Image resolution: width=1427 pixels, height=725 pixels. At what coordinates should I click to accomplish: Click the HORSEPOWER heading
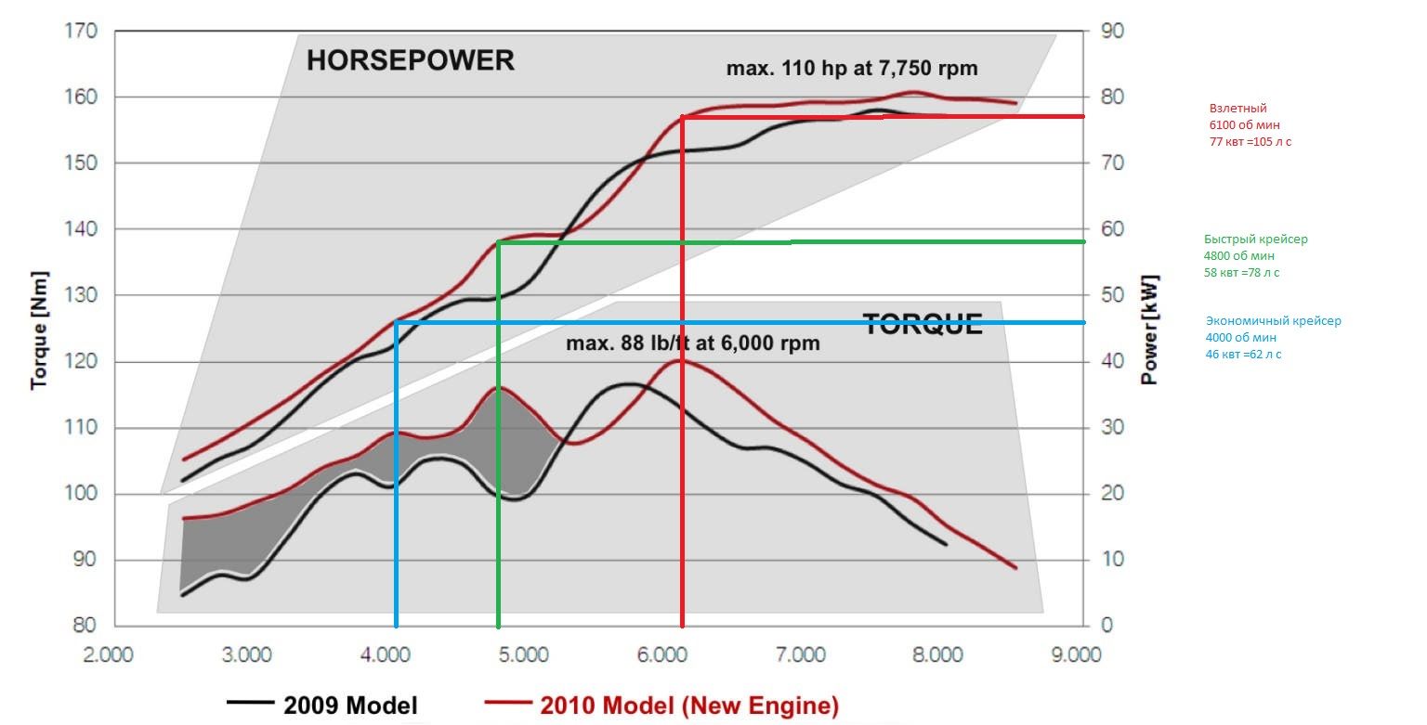pyautogui.click(x=410, y=61)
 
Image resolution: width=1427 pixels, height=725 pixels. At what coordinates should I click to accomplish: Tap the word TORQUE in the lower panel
pyautogui.click(x=922, y=324)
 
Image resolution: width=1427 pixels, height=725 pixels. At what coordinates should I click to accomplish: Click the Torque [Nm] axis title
pyautogui.click(x=39, y=330)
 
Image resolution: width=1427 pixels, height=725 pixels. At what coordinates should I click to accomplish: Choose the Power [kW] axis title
pyautogui.click(x=1149, y=330)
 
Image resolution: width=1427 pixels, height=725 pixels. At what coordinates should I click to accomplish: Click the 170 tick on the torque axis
pyautogui.click(x=82, y=31)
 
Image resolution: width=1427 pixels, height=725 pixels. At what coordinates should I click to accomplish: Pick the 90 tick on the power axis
pyautogui.click(x=1111, y=31)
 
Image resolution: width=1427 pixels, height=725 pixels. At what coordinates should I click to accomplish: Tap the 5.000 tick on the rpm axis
pyautogui.click(x=523, y=655)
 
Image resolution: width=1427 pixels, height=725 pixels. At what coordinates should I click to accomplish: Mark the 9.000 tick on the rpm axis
pyautogui.click(x=1077, y=655)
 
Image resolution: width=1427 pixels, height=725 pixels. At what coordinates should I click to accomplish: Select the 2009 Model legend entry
pyautogui.click(x=350, y=705)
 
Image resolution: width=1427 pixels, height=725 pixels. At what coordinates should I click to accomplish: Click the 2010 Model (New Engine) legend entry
pyautogui.click(x=688, y=705)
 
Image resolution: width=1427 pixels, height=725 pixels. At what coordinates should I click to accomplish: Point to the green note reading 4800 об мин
pyautogui.click(x=1239, y=256)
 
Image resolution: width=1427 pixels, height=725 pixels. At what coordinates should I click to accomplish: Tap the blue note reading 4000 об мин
pyautogui.click(x=1240, y=338)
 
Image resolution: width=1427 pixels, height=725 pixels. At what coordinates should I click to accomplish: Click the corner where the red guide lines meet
pyautogui.click(x=683, y=117)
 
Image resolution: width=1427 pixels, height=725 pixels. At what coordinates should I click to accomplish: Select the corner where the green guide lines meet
pyautogui.click(x=499, y=242)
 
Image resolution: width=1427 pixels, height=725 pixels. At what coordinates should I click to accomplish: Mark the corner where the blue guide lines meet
pyautogui.click(x=397, y=322)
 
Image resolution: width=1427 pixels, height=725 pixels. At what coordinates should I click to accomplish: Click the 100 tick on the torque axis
pyautogui.click(x=82, y=494)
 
